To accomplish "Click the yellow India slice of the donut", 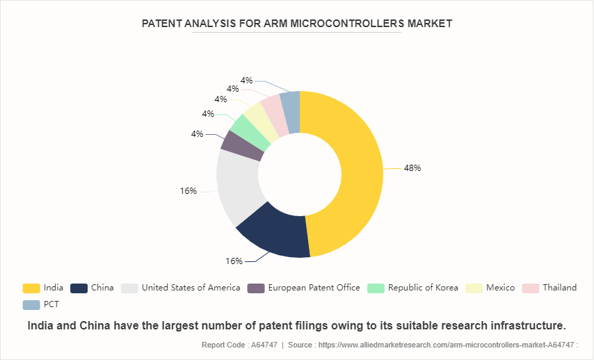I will tap(355, 174).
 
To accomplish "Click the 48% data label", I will tap(412, 168).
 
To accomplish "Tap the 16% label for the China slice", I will tap(234, 261).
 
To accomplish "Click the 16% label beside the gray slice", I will tap(188, 190).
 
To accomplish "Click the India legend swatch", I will tap(31, 288).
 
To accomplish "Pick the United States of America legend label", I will tap(191, 288).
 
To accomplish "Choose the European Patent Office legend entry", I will tap(314, 288).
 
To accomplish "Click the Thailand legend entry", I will tap(559, 288).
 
